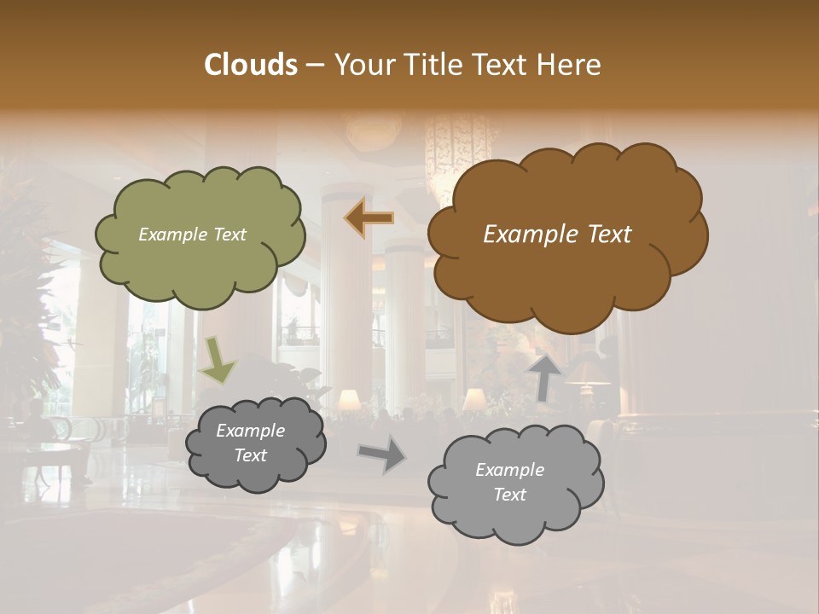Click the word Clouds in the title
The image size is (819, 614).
(250, 65)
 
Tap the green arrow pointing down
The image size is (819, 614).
(218, 362)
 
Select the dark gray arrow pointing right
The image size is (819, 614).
(383, 455)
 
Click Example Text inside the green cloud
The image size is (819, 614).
(192, 235)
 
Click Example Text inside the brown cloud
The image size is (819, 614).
(557, 235)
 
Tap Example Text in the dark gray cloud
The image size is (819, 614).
(250, 443)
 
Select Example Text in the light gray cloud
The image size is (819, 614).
(509, 482)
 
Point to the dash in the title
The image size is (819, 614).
(314, 66)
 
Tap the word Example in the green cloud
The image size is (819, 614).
(171, 235)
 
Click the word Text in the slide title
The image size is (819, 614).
(502, 65)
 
